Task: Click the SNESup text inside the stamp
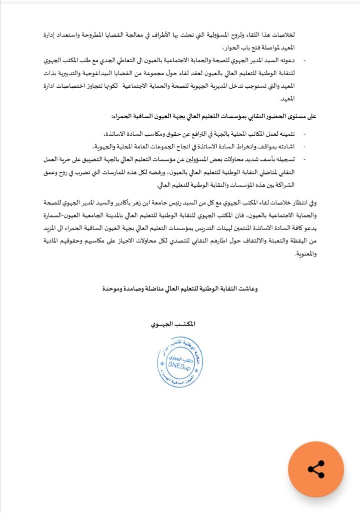pyautogui.click(x=180, y=366)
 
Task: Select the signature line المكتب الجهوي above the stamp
pyautogui.click(x=173, y=324)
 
